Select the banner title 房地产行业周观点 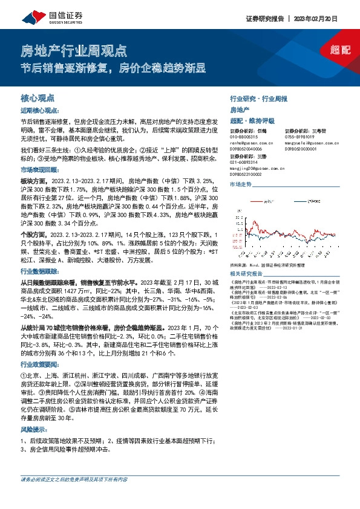(x=74, y=49)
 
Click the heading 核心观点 (x=38, y=97)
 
